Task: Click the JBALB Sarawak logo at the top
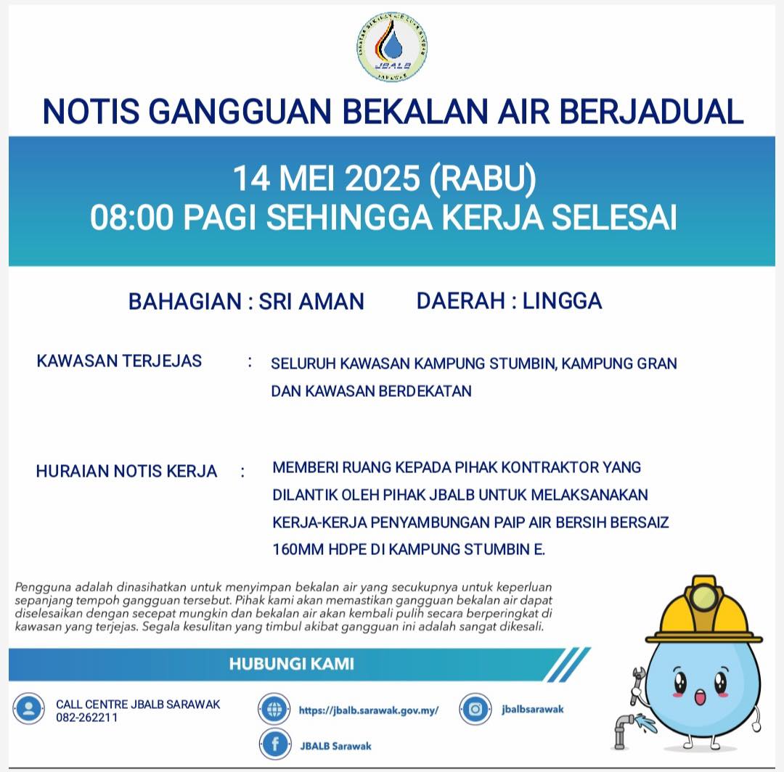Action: (392, 46)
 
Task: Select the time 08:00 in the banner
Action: (132, 218)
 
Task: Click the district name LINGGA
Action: (562, 300)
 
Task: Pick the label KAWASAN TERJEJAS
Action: (119, 361)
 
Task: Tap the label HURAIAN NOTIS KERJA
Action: (126, 471)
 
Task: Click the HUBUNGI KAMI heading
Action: (292, 663)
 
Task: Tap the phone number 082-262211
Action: (86, 718)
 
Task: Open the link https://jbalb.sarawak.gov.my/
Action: (369, 710)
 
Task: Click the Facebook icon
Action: (275, 744)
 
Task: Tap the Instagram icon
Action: (475, 709)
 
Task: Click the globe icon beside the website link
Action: (274, 709)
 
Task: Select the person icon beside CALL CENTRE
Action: (29, 709)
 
